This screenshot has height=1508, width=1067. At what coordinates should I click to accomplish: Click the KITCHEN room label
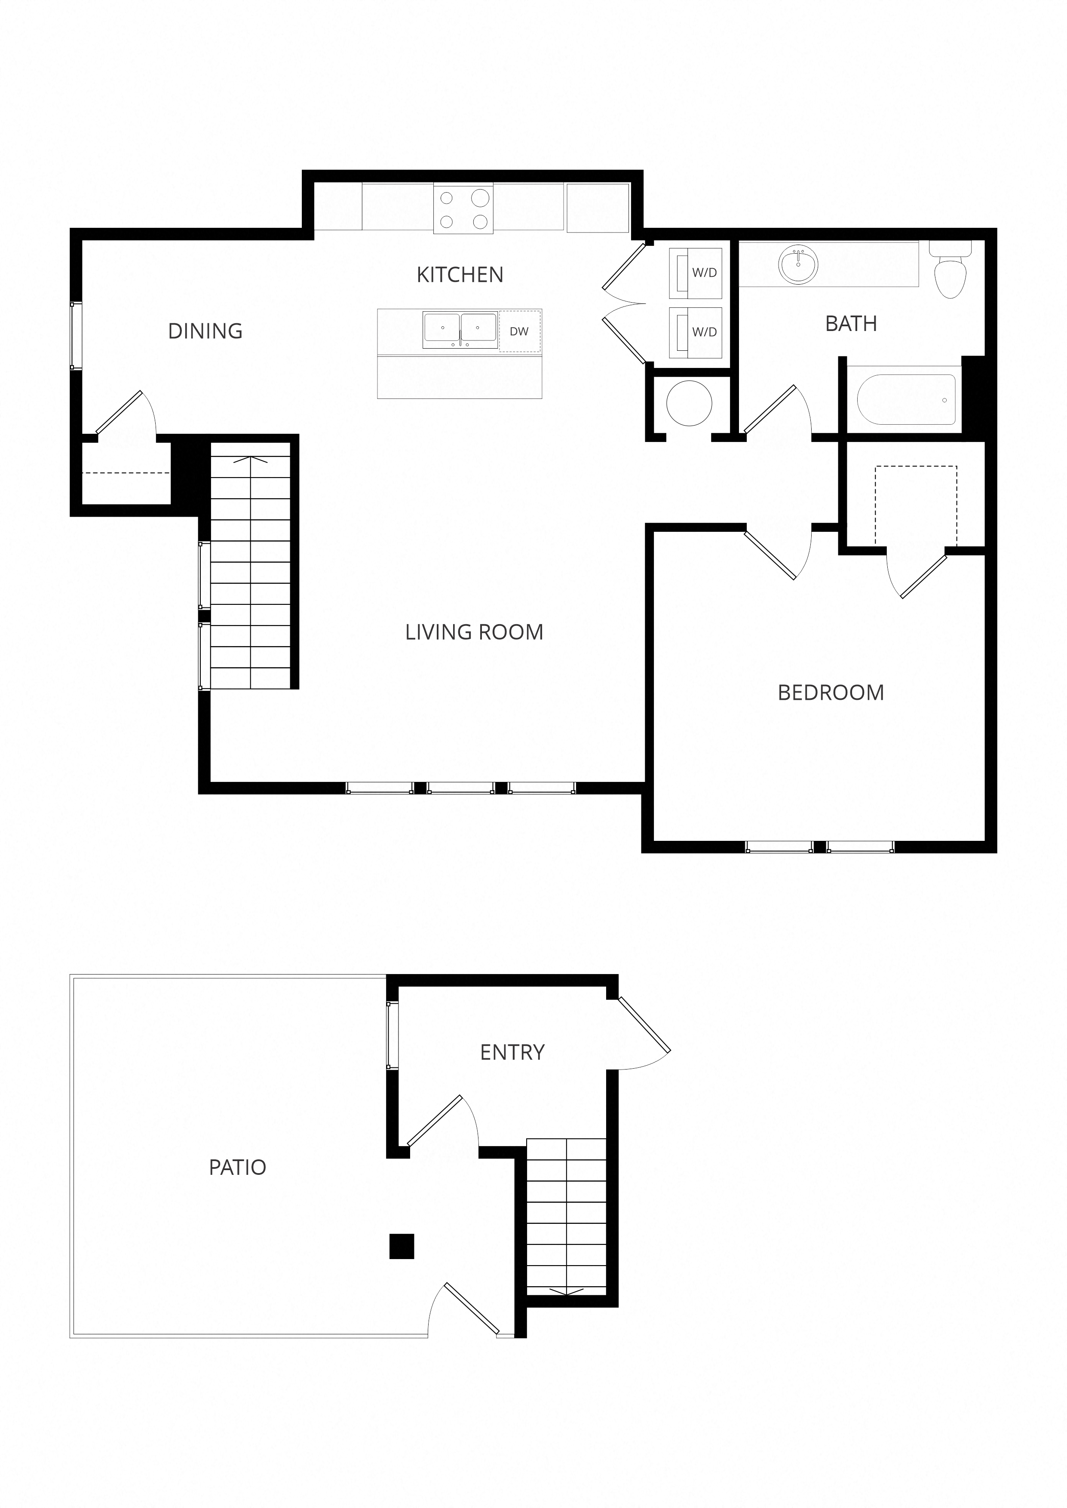(x=460, y=275)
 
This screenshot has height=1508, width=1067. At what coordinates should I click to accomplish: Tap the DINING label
(x=205, y=331)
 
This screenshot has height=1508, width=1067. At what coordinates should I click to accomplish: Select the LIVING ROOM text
(x=474, y=632)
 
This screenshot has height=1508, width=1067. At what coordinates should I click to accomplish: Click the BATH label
(x=851, y=324)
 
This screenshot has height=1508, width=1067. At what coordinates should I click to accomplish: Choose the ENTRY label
(x=512, y=1052)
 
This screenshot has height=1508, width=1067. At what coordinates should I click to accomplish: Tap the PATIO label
(x=237, y=1167)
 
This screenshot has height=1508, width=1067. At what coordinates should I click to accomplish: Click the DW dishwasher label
(x=519, y=332)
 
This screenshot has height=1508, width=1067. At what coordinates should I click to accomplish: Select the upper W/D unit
(x=696, y=273)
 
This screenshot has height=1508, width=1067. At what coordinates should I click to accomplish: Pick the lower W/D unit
(x=696, y=332)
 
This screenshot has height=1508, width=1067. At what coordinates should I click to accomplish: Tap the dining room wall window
(x=76, y=336)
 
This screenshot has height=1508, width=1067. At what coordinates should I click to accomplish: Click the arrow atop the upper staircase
(x=251, y=460)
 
